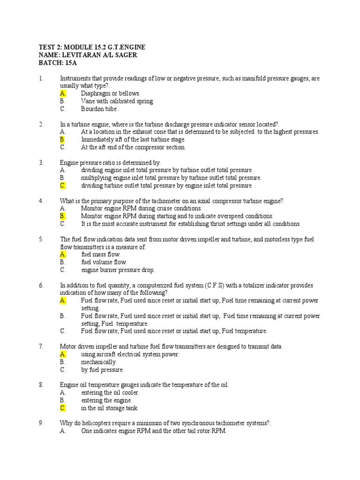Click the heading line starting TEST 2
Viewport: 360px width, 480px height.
[x=91, y=47]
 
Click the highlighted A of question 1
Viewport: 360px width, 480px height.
[x=63, y=93]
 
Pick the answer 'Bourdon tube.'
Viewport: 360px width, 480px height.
[x=99, y=109]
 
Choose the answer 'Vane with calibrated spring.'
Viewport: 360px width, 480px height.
[x=117, y=101]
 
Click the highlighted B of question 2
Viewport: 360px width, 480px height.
[x=63, y=139]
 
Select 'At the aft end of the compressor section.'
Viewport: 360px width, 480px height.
[x=133, y=147]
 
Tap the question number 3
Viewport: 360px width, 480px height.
[x=41, y=163]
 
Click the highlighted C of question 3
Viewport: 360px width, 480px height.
[x=63, y=186]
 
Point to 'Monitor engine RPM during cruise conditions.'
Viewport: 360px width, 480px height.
[x=141, y=209]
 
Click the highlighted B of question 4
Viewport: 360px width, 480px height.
[x=63, y=216]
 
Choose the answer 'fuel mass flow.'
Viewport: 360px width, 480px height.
[x=101, y=255]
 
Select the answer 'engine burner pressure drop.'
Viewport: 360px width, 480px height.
[x=118, y=270]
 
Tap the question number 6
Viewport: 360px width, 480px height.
[x=41, y=285]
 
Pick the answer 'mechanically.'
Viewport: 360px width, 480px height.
[x=99, y=362]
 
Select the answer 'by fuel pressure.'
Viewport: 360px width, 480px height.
[x=102, y=370]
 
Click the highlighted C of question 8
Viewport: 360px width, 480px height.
[x=63, y=408]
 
